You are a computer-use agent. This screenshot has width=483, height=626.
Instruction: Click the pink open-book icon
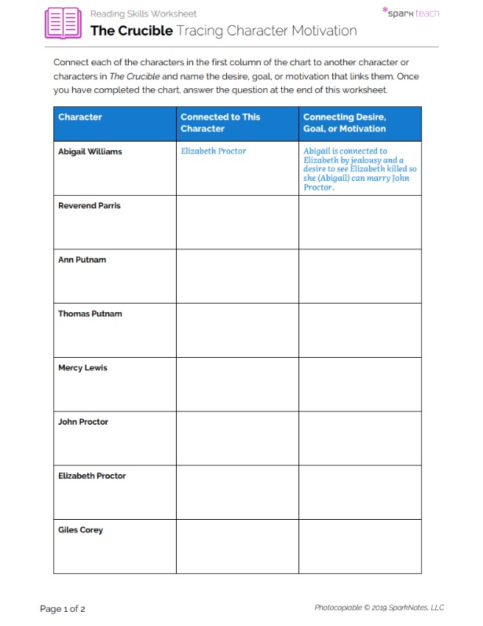63,23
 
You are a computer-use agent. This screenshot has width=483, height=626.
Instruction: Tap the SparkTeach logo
410,13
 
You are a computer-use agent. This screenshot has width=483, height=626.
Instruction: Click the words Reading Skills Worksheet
143,13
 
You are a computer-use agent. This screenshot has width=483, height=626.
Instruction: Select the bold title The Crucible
131,31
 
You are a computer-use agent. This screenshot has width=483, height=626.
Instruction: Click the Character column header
80,117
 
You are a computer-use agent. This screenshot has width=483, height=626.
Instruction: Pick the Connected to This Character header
220,123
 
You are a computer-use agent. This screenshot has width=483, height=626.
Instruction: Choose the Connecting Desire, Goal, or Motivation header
344,123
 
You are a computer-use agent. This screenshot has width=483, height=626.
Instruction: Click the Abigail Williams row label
90,152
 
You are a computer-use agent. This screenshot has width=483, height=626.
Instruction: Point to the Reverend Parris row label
89,206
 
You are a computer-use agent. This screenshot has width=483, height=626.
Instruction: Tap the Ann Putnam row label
82,260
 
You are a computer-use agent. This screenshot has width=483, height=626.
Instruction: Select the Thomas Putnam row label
90,314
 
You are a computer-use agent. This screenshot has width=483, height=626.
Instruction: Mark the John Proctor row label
83,422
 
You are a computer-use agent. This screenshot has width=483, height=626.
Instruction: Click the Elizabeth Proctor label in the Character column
92,476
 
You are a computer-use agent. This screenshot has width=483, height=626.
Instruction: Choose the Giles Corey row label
80,530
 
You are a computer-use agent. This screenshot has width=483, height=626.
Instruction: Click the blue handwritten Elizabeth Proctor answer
213,151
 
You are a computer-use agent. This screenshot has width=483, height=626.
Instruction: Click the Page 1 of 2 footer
63,608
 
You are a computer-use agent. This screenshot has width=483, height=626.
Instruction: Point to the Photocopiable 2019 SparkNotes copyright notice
379,607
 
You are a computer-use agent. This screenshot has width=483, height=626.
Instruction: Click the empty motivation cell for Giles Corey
360,546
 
